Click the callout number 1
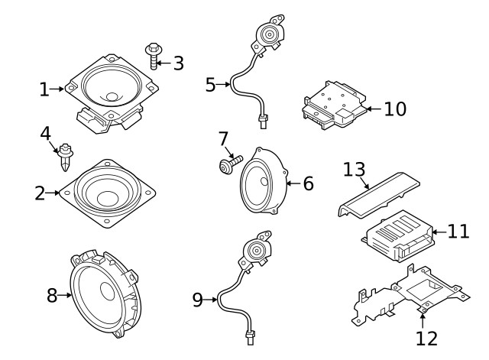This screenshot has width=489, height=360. tap(44, 90)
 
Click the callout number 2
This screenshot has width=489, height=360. tap(40, 193)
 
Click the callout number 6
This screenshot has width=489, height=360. tap(308, 183)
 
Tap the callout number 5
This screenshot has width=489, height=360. tap(211, 84)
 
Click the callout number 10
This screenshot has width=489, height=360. tap(395, 109)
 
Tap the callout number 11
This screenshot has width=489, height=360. tap(458, 231)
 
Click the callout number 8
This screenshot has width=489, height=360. tap(52, 296)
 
